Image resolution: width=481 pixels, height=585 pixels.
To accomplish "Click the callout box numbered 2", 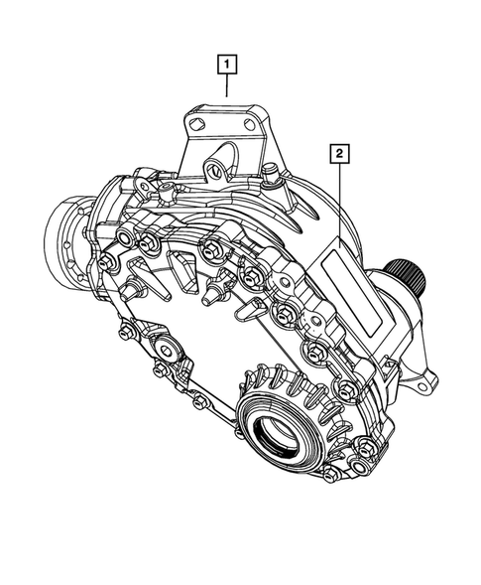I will [x=339, y=153].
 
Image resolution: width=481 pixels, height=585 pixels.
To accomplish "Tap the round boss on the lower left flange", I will [x=165, y=353].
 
